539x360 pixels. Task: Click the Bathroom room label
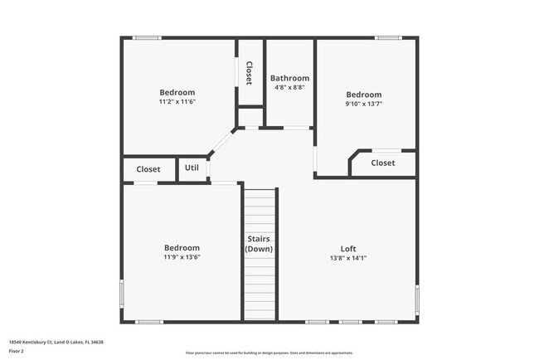pos(289,78)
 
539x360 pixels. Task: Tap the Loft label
pos(348,248)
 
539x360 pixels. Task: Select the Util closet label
pos(192,168)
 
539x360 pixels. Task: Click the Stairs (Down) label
pos(259,244)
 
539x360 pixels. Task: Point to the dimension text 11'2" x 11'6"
pos(177,101)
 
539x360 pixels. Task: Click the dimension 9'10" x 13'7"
pos(364,104)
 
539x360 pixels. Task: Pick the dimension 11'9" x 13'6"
pos(182,257)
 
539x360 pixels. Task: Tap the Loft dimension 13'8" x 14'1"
pos(348,257)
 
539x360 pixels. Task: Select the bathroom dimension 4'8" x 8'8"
pos(289,87)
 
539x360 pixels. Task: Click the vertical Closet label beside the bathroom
pos(249,71)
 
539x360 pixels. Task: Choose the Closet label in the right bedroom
pos(383,163)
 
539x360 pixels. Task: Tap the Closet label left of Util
pos(148,169)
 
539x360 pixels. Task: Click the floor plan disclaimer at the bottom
pos(269,353)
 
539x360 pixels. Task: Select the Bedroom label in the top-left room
pos(177,92)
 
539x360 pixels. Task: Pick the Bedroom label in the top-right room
pos(364,95)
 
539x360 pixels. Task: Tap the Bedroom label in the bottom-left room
pos(182,248)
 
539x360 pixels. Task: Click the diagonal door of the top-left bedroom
pos(221,142)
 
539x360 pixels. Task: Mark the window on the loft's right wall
pos(416,297)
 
